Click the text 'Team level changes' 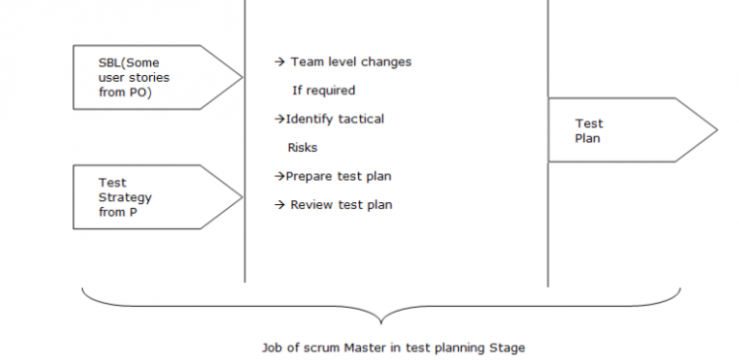pyautogui.click(x=350, y=62)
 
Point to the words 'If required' pyautogui.click(x=323, y=90)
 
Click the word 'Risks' pyautogui.click(x=302, y=148)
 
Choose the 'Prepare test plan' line pyautogui.click(x=339, y=176)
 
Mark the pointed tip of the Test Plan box pyautogui.click(x=716, y=130)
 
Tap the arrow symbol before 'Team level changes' pyautogui.click(x=280, y=62)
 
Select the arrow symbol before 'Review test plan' pyautogui.click(x=280, y=205)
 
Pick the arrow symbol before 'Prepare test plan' pyautogui.click(x=279, y=176)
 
